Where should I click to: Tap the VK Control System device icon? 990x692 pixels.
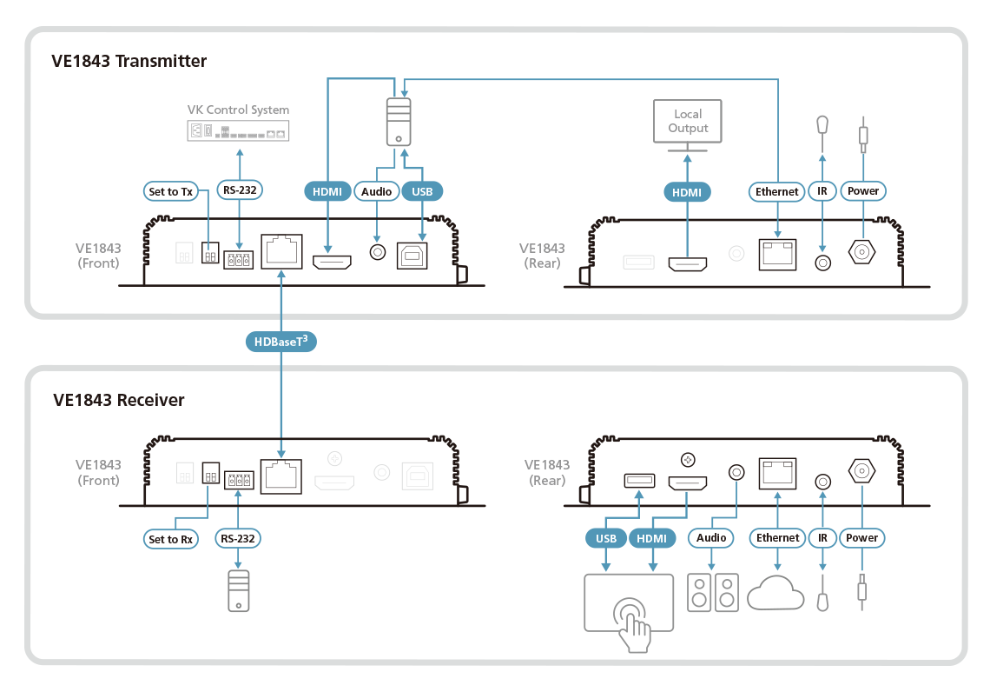tap(238, 131)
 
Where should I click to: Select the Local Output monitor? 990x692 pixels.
tap(688, 123)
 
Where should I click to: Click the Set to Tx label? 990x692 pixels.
tap(169, 191)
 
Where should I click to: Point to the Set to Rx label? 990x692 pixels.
tap(170, 539)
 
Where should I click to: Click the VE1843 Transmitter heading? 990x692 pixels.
tap(130, 62)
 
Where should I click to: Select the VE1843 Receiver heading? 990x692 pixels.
tap(119, 401)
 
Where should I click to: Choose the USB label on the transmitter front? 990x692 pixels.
tap(423, 191)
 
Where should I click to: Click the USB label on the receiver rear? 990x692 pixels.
tap(605, 539)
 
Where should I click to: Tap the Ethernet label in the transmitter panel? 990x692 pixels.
tap(776, 191)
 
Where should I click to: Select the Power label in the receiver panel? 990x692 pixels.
tap(862, 539)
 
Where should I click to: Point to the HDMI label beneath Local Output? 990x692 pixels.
tap(688, 191)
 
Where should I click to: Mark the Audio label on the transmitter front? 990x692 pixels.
tap(376, 191)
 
